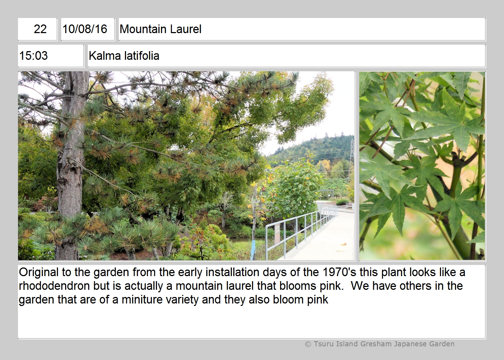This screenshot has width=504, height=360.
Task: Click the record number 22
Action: (x=40, y=29)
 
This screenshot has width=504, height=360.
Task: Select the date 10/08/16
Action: (x=85, y=29)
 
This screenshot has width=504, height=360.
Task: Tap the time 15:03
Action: (x=33, y=55)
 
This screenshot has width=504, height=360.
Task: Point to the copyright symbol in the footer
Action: (x=308, y=344)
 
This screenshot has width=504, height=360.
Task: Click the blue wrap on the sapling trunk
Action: (x=252, y=250)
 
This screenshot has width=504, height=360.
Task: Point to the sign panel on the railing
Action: (x=277, y=234)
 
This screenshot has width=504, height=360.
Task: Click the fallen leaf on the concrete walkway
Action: (x=344, y=244)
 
